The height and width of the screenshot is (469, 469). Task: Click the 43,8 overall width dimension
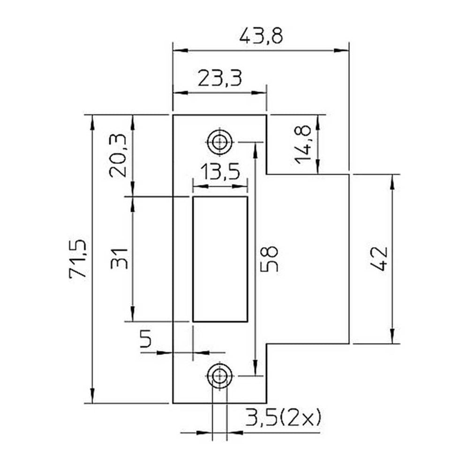(x=261, y=37)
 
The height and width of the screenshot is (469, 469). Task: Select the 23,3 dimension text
(x=219, y=78)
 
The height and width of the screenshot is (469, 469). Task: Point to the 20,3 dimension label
(x=118, y=156)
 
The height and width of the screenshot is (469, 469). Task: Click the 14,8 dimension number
(x=303, y=145)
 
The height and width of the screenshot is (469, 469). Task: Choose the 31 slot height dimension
(x=119, y=259)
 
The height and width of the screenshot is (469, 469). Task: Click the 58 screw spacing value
(x=269, y=259)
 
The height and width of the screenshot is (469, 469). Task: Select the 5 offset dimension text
(x=146, y=338)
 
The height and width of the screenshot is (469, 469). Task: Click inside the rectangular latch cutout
(x=220, y=259)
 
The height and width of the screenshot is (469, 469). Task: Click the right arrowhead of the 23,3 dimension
(x=259, y=93)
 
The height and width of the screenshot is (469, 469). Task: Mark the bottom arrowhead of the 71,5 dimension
(x=92, y=396)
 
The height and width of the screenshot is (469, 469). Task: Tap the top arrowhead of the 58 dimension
(x=255, y=150)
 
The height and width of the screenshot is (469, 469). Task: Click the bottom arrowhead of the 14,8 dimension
(x=318, y=166)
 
